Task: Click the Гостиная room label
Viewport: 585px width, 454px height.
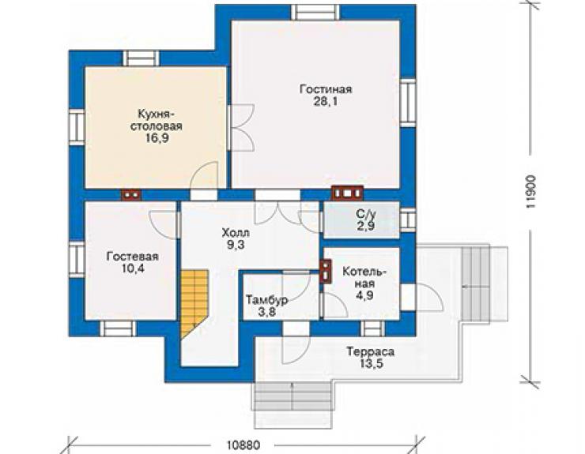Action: click(326, 89)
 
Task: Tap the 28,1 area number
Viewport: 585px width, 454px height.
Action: click(326, 101)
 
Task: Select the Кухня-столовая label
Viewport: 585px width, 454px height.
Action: click(157, 120)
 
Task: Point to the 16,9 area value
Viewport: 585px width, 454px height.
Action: click(157, 138)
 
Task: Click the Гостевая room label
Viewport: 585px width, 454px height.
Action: click(133, 257)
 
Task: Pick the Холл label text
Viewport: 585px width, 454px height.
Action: click(236, 234)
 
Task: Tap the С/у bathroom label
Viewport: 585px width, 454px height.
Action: click(365, 214)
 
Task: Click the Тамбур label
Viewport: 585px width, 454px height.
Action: click(266, 300)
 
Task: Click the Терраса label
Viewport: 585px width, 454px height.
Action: click(371, 351)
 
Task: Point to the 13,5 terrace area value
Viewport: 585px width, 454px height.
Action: click(371, 364)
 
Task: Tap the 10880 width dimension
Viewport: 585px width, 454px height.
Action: click(243, 445)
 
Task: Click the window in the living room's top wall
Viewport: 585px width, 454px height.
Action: click(315, 13)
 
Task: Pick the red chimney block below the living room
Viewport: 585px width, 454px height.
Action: click(347, 193)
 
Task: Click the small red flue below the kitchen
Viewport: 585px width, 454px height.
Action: click(131, 194)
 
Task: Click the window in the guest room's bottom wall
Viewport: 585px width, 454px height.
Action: click(119, 328)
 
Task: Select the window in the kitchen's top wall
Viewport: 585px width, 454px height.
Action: click(141, 58)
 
